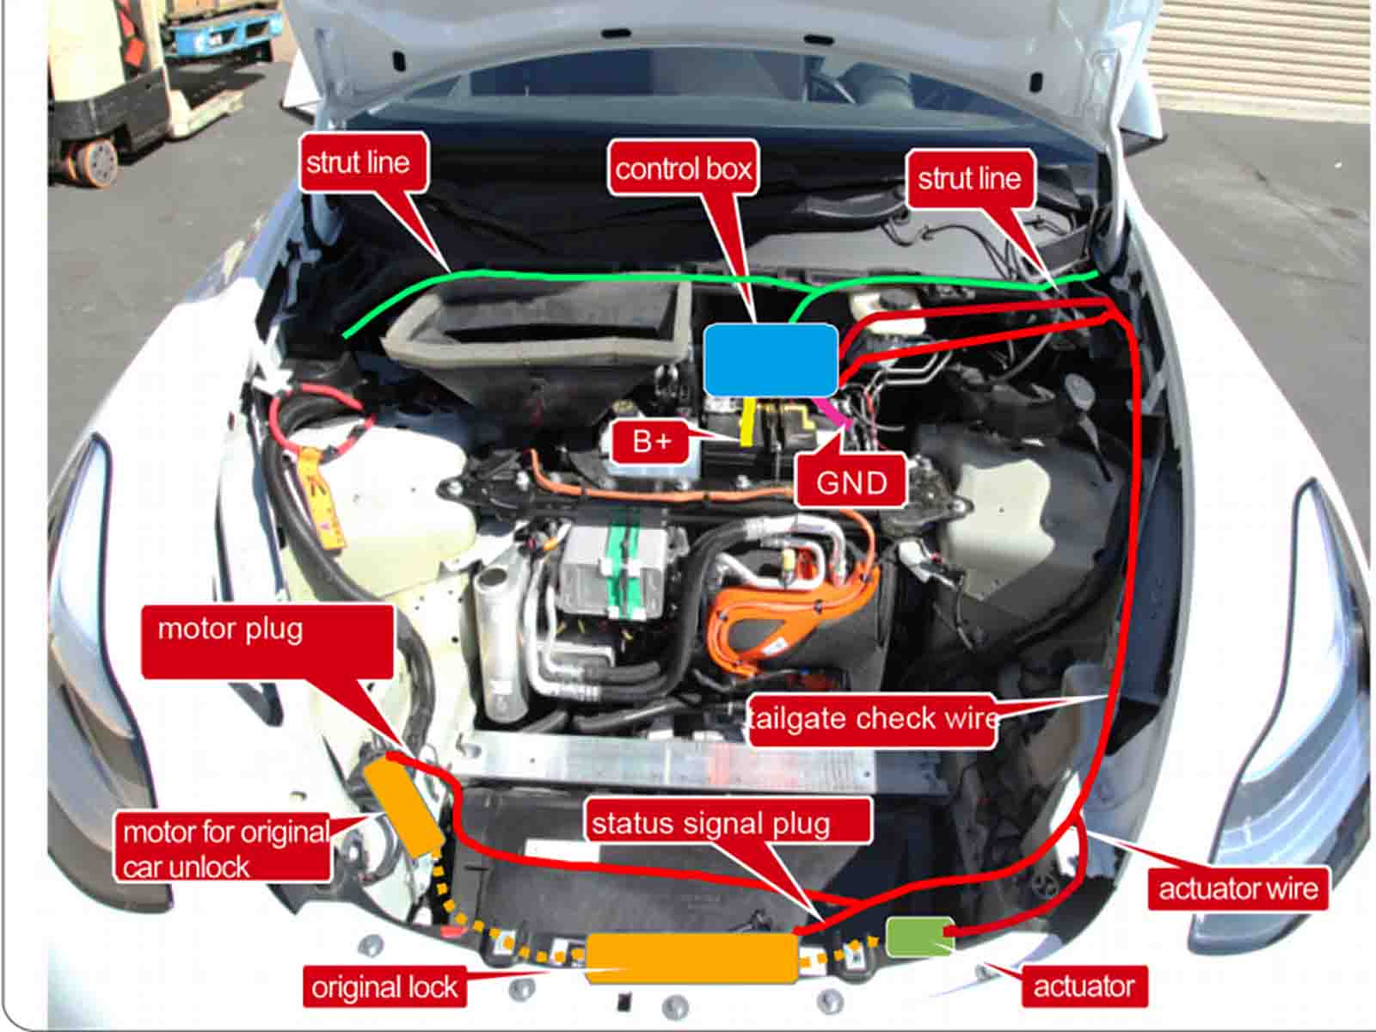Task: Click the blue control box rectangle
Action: tap(771, 359)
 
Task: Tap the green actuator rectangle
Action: tap(918, 937)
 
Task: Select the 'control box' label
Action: tap(684, 168)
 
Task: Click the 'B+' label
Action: tap(651, 441)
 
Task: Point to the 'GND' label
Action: tap(851, 482)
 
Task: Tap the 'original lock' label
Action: tap(384, 986)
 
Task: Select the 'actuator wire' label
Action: tap(1238, 888)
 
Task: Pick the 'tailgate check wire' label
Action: tap(872, 718)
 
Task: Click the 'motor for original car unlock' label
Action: tap(223, 848)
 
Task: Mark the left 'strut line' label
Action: tap(359, 162)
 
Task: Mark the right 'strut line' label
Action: tap(969, 178)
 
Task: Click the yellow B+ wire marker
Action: tap(748, 421)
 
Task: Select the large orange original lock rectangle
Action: tap(691, 957)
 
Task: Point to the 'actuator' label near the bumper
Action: tap(1084, 986)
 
